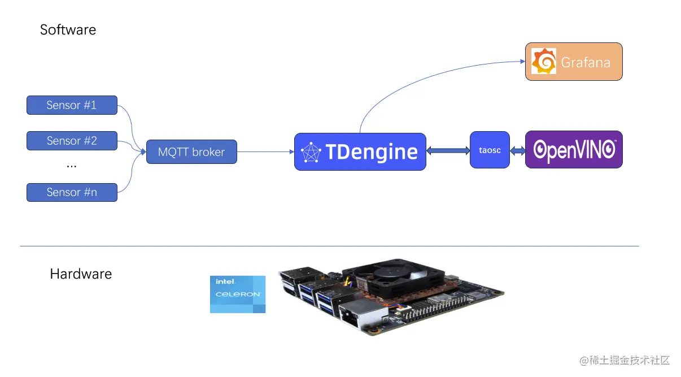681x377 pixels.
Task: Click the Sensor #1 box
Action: [72, 105]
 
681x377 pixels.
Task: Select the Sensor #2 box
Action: [72, 141]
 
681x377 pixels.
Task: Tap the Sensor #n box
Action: [72, 192]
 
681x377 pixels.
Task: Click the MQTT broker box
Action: [191, 152]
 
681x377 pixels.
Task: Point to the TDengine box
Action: [360, 151]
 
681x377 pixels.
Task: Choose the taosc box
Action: [490, 150]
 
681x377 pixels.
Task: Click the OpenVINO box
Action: [574, 150]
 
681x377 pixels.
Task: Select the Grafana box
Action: [574, 62]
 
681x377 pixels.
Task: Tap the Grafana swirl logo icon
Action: [544, 61]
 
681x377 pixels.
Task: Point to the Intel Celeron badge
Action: [238, 294]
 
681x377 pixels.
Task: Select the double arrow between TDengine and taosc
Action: [448, 150]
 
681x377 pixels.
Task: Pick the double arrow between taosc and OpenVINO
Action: [517, 150]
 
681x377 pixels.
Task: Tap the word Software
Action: [68, 30]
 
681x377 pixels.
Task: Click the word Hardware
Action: [81, 274]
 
